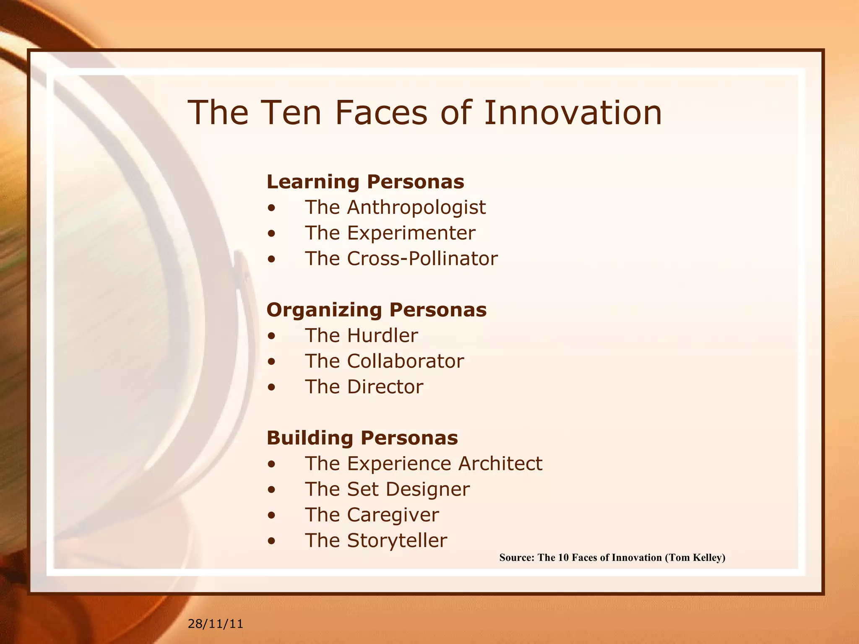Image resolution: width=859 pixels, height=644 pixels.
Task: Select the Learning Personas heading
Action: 365,182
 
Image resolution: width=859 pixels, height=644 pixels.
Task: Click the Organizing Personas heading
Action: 376,310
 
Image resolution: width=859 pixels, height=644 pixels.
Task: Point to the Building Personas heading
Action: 362,438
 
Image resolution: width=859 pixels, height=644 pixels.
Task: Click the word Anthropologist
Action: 416,208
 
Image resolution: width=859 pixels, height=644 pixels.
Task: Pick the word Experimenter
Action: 411,233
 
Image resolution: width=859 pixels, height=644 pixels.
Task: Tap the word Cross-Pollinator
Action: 422,259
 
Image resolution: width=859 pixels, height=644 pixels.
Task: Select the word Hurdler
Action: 382,336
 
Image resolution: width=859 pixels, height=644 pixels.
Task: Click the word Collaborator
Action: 405,361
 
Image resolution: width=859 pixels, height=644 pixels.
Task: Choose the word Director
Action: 385,387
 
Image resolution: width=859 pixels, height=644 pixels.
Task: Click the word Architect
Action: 500,464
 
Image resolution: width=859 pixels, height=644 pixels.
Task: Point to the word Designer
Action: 427,489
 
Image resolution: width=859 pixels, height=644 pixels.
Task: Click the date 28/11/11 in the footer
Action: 215,624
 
